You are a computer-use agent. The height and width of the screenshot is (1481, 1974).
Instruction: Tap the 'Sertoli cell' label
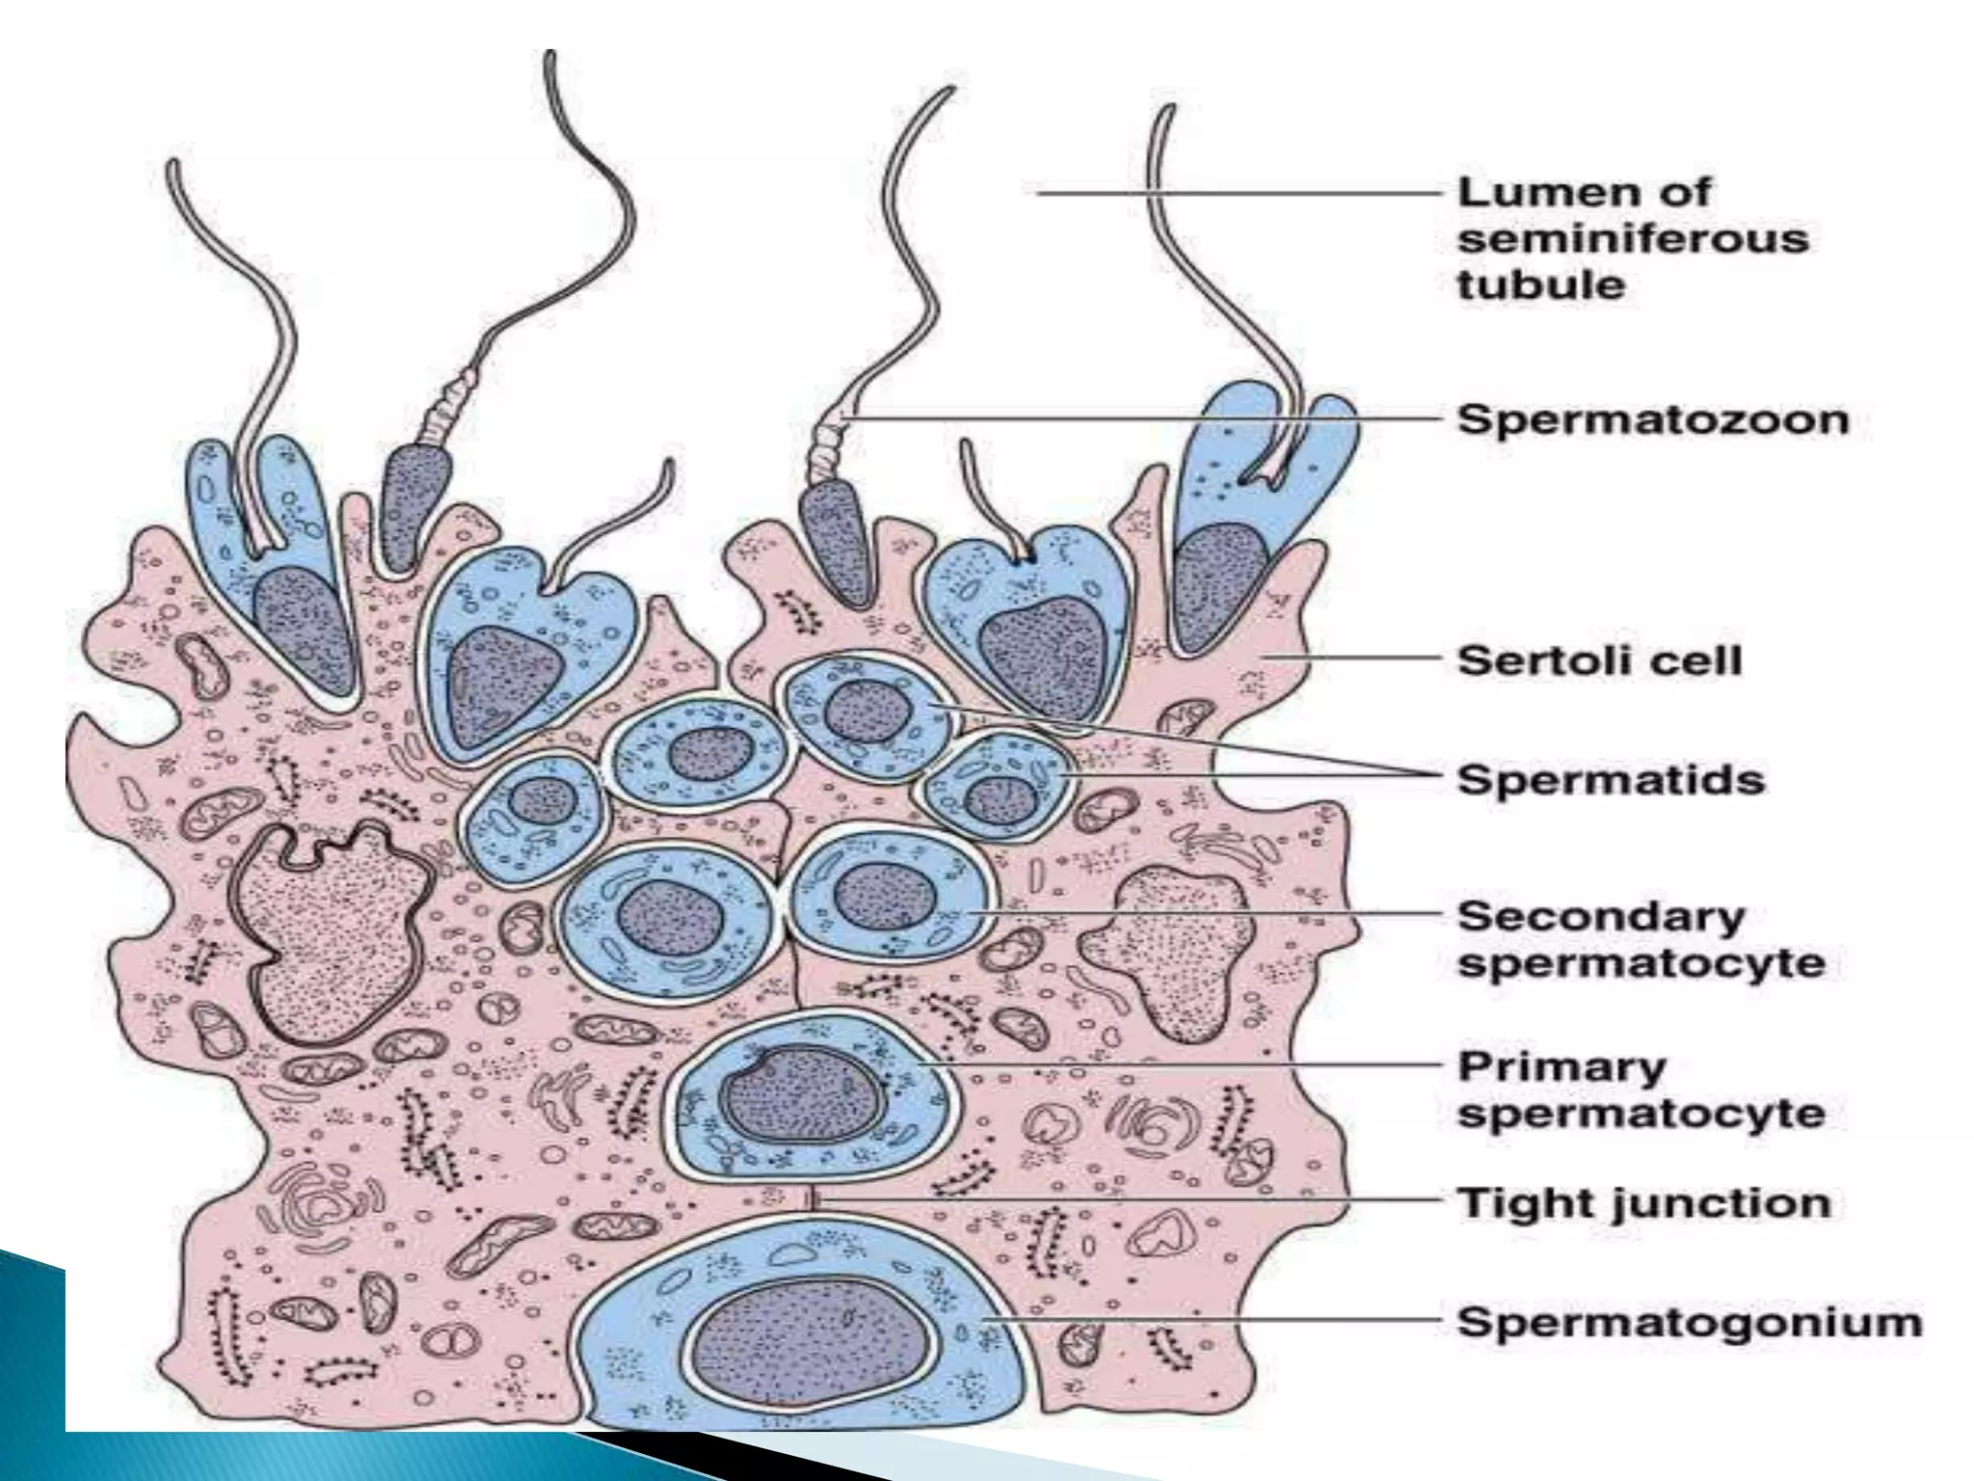point(1599,661)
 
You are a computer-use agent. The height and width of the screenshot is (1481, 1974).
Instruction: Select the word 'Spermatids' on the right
point(1610,779)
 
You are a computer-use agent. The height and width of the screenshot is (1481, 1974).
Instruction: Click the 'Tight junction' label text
point(1642,1202)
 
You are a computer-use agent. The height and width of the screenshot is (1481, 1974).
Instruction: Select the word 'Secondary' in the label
point(1600,916)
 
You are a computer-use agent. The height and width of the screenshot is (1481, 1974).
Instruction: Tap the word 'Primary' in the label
point(1561,1066)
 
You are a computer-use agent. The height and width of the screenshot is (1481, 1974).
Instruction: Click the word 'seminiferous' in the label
point(1632,239)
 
